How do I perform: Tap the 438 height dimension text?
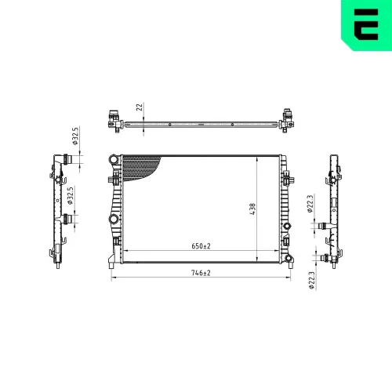[x=252, y=209]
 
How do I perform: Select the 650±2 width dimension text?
[x=201, y=246]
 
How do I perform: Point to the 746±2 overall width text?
[x=201, y=273]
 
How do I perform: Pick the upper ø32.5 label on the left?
[x=75, y=136]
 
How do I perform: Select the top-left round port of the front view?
[x=115, y=162]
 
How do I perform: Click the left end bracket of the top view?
[x=114, y=119]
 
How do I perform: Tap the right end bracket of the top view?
[x=288, y=119]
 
